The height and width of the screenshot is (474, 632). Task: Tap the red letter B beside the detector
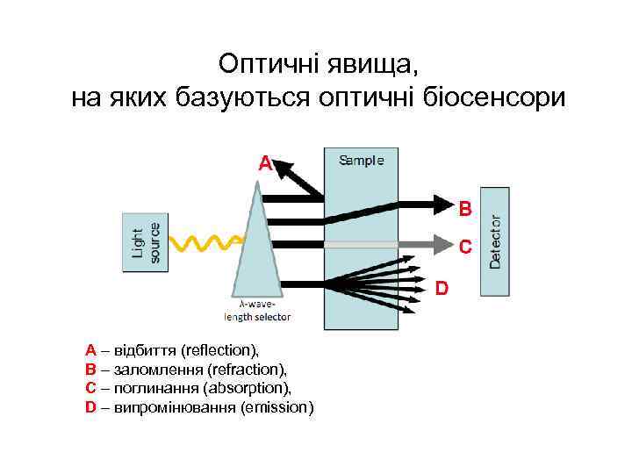[465, 209]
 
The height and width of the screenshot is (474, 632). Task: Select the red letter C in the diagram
[465, 248]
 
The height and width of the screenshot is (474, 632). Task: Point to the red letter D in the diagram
[442, 288]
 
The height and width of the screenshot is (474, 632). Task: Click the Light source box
[143, 242]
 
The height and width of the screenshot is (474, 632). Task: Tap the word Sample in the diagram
[361, 161]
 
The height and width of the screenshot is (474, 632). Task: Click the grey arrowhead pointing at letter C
[444, 243]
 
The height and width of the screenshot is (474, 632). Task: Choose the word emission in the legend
[275, 407]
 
